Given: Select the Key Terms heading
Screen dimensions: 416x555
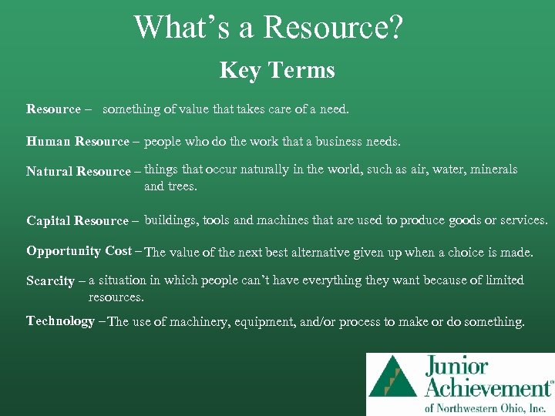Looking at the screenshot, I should pos(277,71).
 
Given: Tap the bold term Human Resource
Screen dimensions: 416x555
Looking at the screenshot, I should pos(78,142).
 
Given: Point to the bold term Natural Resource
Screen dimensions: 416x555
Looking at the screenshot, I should pos(79,172).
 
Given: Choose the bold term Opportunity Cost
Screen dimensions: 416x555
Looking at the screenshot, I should pos(79,251).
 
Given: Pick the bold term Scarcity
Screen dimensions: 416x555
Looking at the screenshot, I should pos(50,281).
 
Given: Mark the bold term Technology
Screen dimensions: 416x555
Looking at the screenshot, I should pos(60,321).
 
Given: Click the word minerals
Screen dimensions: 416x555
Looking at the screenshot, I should pos(493,169).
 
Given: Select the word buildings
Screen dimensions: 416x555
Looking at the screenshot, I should pos(171,220).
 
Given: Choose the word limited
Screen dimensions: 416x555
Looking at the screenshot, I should pos(502,280).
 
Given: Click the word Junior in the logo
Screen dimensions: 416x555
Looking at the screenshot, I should pos(456,366).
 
